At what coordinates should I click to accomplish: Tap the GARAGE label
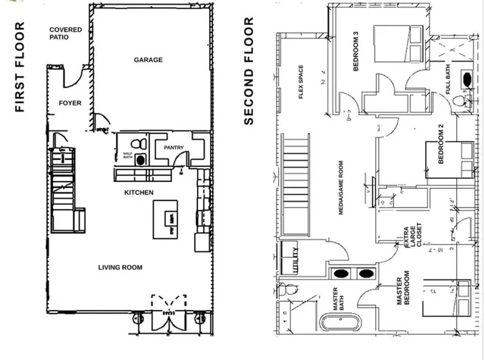[149, 60]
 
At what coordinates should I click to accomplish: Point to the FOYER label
[70, 103]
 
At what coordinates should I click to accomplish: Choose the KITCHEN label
[139, 193]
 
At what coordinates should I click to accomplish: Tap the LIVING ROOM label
[120, 267]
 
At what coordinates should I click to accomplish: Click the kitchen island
[167, 222]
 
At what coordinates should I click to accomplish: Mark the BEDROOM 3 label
[355, 52]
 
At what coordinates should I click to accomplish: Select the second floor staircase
[296, 182]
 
